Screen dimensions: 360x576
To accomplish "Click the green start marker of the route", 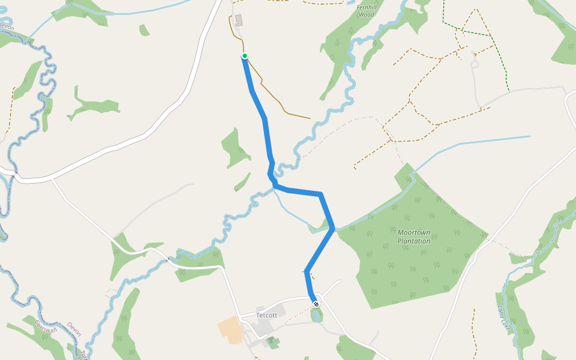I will click(x=245, y=56).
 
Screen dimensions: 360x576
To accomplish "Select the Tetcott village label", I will click(x=266, y=315).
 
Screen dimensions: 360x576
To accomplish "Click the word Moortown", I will click(x=414, y=232).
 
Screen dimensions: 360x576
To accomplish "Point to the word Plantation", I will click(x=414, y=241).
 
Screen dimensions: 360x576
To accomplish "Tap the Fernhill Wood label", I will click(x=365, y=11).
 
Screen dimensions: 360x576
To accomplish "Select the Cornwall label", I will click(x=45, y=326).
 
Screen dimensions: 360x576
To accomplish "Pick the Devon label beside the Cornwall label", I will click(x=74, y=328).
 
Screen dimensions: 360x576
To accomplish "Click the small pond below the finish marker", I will click(x=317, y=314).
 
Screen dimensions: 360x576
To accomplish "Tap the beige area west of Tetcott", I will click(x=230, y=329).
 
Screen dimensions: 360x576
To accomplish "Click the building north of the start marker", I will click(x=239, y=20).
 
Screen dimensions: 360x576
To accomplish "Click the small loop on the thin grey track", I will click(x=475, y=63).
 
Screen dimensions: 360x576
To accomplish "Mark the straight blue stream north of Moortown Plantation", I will click(x=480, y=142).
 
